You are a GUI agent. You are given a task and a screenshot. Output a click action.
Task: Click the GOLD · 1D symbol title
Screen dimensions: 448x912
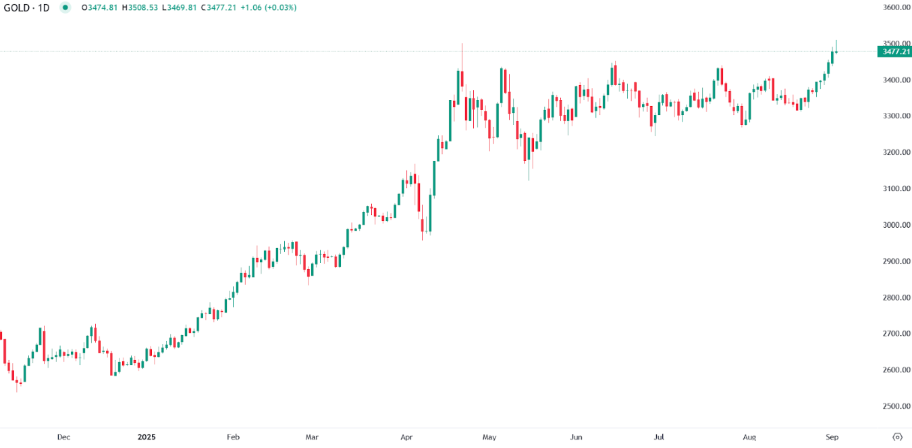tap(26, 7)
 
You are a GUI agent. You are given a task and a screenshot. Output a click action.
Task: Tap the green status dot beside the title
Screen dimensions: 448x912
tap(65, 7)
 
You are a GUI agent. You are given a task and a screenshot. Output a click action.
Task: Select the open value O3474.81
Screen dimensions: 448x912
tap(99, 7)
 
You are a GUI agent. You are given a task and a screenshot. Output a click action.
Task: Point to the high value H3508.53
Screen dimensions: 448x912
tap(140, 7)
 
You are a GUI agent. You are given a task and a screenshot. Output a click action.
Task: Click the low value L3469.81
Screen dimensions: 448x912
tap(180, 7)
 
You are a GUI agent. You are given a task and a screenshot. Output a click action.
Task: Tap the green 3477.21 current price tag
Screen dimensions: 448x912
tap(896, 51)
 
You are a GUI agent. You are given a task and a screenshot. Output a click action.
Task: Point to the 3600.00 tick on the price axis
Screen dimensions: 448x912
tap(896, 7)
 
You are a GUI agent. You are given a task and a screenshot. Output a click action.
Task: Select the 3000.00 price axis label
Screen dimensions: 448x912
tap(896, 225)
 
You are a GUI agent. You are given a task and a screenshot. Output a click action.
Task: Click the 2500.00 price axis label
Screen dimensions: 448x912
tap(896, 406)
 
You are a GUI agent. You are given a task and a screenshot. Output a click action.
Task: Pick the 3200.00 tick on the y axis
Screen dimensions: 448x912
tap(896, 153)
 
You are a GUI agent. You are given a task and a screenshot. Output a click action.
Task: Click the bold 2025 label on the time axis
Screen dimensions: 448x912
tap(146, 437)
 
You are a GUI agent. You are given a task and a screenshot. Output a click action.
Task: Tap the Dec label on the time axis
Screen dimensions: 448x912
tap(63, 437)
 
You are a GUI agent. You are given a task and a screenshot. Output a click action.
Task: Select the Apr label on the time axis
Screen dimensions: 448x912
tap(406, 437)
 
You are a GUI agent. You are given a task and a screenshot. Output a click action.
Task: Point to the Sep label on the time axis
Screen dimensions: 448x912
tap(832, 437)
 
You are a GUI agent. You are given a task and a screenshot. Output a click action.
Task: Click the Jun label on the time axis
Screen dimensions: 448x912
tap(576, 437)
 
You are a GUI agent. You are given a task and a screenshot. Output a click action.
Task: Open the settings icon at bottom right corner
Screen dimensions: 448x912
tap(897, 437)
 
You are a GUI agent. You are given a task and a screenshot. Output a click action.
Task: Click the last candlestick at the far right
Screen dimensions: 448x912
tap(836, 51)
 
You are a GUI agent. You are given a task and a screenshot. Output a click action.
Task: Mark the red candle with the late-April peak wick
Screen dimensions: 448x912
tap(462, 78)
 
